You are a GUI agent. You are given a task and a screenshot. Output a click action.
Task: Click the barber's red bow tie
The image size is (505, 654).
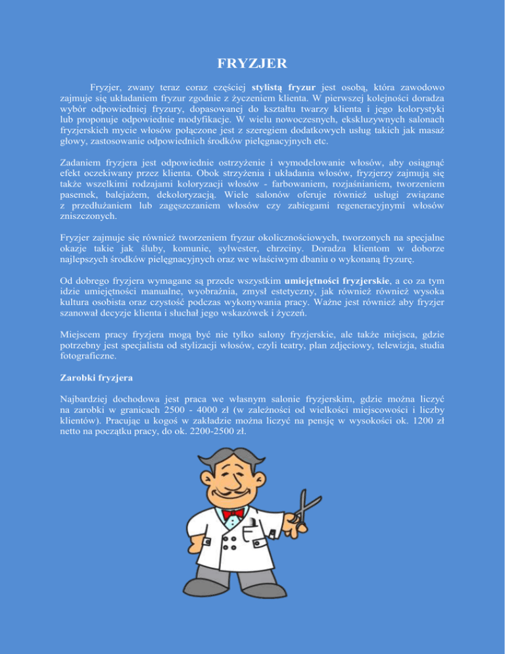click(234, 513)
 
